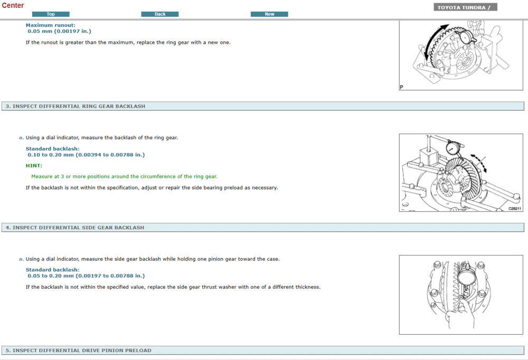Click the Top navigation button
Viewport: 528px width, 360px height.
tap(51, 14)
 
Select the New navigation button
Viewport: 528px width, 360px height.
tap(269, 14)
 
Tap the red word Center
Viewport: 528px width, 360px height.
tap(13, 5)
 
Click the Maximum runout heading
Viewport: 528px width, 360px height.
tap(51, 25)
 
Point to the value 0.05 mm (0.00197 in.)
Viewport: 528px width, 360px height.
tap(59, 31)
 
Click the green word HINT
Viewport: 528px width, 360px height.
tap(34, 166)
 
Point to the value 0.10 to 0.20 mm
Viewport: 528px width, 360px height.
tap(51, 155)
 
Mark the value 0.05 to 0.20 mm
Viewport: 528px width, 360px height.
tap(51, 276)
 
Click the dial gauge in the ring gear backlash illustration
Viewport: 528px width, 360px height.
tap(453, 147)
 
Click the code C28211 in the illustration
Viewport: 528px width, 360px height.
tap(514, 209)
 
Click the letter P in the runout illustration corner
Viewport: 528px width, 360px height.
tap(401, 87)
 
